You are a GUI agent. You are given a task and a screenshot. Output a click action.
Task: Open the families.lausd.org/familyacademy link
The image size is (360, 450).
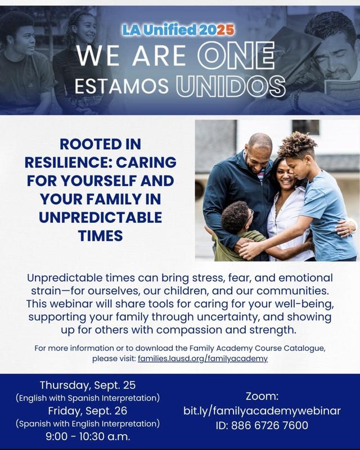[203, 358]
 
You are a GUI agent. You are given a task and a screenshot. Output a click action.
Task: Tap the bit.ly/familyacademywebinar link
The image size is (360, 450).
[262, 411]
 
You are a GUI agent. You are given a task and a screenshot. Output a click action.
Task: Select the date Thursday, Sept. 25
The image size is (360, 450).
[87, 386]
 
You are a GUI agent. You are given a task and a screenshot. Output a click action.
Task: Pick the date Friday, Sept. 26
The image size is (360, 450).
[87, 410]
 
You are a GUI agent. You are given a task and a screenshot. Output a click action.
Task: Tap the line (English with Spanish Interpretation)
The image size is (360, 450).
[87, 398]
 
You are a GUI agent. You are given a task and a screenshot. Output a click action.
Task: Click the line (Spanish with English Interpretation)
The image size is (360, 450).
[87, 422]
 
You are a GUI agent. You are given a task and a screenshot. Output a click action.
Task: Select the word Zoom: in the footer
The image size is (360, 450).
[262, 396]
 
